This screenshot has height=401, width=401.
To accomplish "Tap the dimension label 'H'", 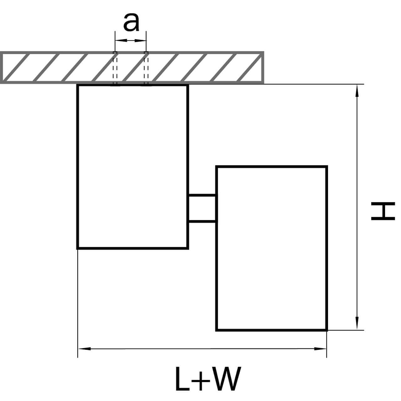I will point(382,211).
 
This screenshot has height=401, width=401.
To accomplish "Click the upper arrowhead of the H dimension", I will point(357,91).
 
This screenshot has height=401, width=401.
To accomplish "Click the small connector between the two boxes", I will point(202,208).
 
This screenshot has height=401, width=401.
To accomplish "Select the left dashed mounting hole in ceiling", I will point(115,68).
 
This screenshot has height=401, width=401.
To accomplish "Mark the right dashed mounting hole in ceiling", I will point(146,68).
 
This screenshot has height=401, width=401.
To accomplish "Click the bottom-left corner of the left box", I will point(78,248).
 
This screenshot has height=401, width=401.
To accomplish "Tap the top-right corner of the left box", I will point(188,85).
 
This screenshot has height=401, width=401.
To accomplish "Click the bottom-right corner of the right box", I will point(326,330).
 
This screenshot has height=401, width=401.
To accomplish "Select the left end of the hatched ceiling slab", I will point(2,68).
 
